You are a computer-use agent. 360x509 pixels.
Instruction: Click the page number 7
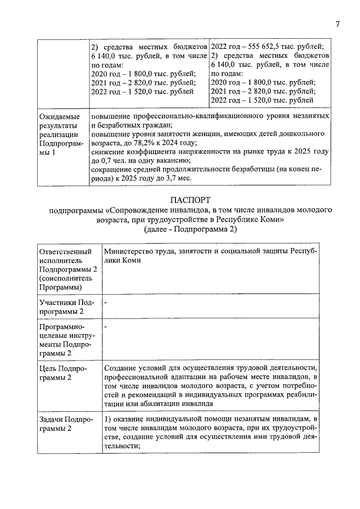pos(337,24)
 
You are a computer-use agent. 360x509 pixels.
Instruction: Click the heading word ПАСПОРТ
pos(190,200)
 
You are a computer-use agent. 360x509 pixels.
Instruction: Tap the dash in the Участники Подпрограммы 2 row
pos(106,303)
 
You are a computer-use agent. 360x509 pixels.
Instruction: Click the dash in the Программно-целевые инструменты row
pos(106,326)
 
